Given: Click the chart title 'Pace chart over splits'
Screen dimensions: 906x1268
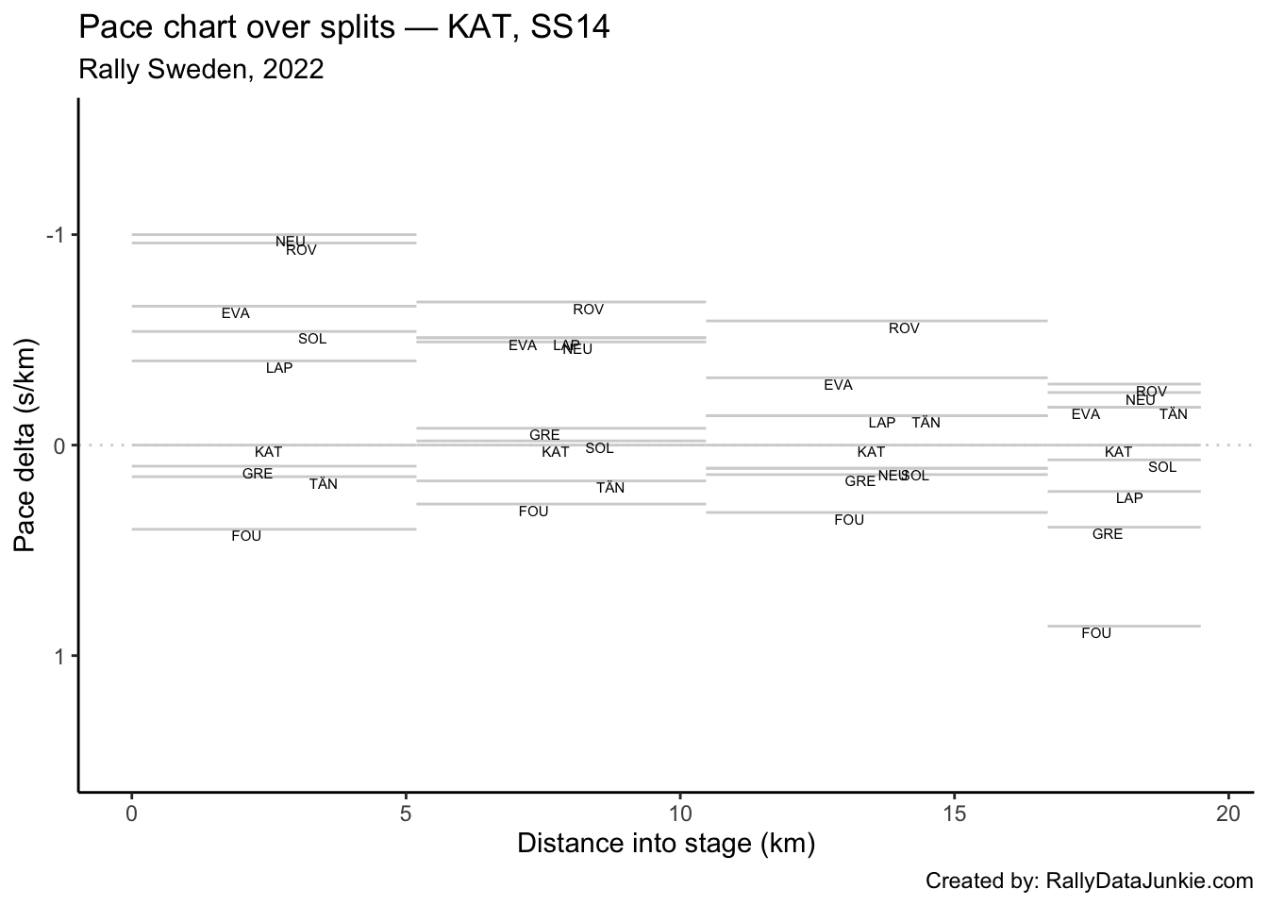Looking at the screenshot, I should click(344, 27).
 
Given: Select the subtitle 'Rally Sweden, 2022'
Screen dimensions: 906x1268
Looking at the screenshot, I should click(202, 70).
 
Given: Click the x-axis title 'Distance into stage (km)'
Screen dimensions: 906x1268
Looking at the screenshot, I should click(666, 843).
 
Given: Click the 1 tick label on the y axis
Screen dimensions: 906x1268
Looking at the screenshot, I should click(60, 656).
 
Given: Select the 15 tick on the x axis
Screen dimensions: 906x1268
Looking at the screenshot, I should click(953, 814).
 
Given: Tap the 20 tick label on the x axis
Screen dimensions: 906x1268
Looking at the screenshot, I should click(1227, 814).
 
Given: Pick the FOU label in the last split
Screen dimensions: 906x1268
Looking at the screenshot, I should click(1096, 633).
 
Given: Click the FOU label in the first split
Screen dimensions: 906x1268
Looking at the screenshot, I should click(246, 536).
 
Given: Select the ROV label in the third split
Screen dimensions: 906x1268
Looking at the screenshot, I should click(904, 328).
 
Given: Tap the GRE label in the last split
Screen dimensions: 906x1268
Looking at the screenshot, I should click(1108, 534).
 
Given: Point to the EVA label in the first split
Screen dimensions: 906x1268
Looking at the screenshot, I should click(236, 313).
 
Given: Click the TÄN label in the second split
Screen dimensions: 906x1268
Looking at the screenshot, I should click(610, 488).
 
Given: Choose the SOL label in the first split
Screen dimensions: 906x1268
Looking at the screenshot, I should click(312, 339).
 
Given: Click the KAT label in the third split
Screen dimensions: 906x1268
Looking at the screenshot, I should click(871, 452).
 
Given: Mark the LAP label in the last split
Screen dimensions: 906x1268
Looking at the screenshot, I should click(1129, 498).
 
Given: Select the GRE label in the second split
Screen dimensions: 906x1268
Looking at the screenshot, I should click(544, 435).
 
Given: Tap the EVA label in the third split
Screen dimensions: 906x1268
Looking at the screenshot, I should click(838, 385).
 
